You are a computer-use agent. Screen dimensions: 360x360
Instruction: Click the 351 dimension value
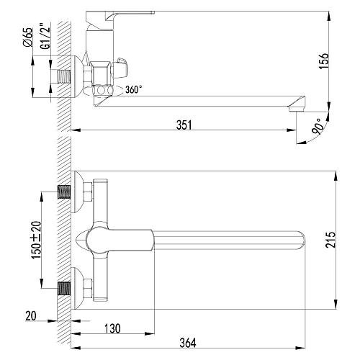184,125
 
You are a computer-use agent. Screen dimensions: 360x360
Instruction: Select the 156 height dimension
323,61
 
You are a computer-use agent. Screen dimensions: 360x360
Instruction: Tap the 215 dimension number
330,240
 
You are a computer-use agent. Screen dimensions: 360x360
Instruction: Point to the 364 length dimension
188,343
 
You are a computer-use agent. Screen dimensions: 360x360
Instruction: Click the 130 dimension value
112,328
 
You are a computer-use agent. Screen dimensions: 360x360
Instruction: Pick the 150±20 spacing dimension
37,240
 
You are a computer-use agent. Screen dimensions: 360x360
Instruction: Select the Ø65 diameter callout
28,37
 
